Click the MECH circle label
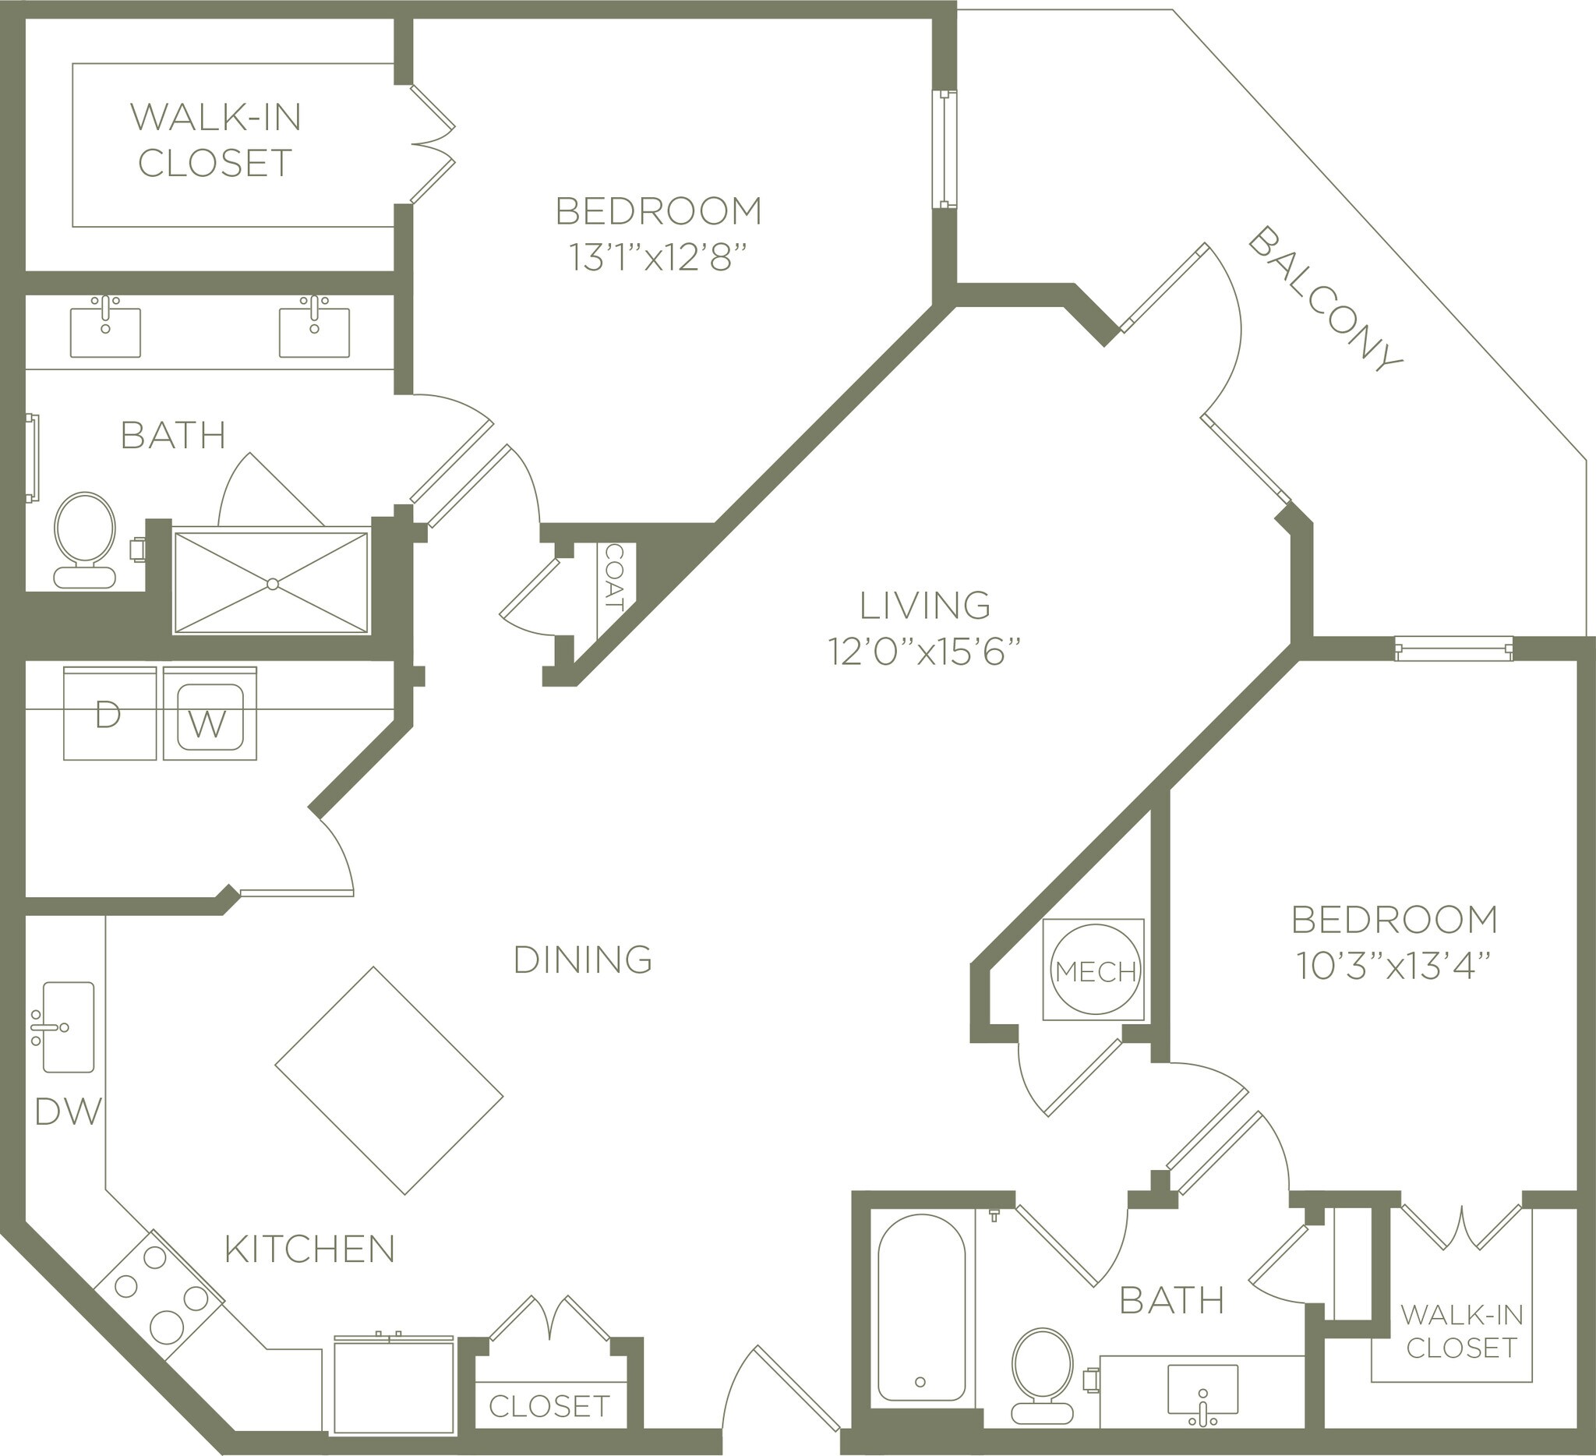[x=1096, y=971]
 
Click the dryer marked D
[x=109, y=714]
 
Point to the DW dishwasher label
[x=69, y=1112]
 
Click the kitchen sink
[x=68, y=1027]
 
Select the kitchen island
[x=389, y=1080]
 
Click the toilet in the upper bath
[x=85, y=539]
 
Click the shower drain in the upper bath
[x=272, y=584]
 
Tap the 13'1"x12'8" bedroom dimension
[x=659, y=259]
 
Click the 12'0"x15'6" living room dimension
[x=924, y=652]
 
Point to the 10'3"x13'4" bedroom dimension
[x=1394, y=966]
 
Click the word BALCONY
[x=1326, y=299]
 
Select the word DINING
[x=583, y=959]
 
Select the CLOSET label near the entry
[x=549, y=1405]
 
